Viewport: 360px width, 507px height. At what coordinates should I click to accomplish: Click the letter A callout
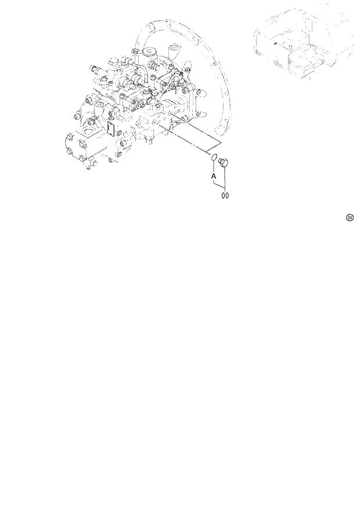pos(214,175)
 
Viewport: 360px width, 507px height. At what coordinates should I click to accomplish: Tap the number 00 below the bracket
pos(225,196)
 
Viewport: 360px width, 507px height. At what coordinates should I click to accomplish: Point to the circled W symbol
pos(350,217)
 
